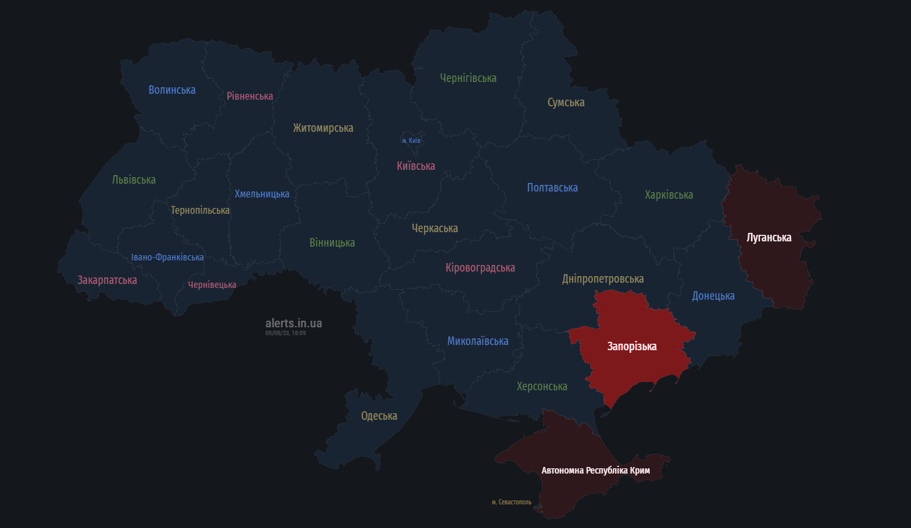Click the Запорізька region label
[x=631, y=346]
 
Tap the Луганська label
[x=769, y=237]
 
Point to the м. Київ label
[x=411, y=141]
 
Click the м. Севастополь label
[x=511, y=502]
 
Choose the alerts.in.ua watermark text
[x=293, y=323]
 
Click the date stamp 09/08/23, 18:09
[x=286, y=333]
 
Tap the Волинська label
[x=172, y=90]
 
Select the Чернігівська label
[x=468, y=78]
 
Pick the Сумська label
[x=566, y=102]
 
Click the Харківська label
[x=669, y=195]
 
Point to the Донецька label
[x=713, y=296]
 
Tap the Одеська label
[x=379, y=416]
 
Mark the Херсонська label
[x=541, y=386]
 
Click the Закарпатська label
[x=107, y=280]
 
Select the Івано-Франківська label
[x=167, y=257]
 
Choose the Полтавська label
[x=552, y=188]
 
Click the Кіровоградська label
[x=480, y=268]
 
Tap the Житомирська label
[x=323, y=128]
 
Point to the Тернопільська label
[x=200, y=211]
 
